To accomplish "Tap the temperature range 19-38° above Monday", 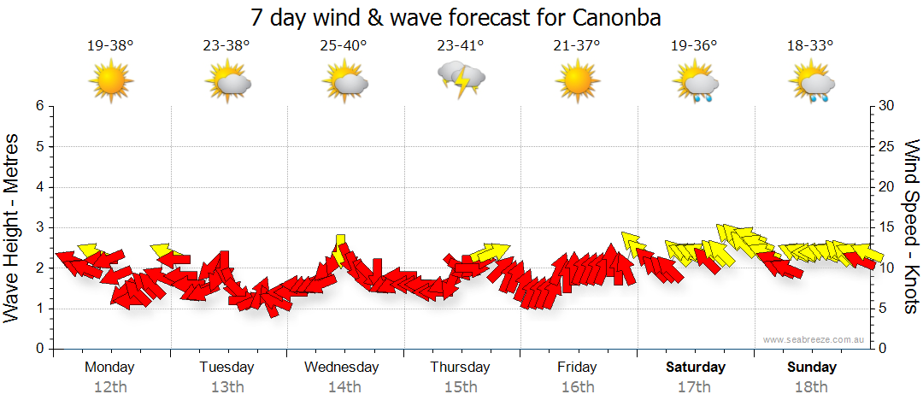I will click(110, 46).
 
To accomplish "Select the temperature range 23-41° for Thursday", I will click(461, 46).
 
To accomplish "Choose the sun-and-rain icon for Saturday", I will click(696, 83).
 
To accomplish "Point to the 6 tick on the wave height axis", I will click(39, 106).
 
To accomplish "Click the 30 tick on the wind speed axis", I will click(887, 106).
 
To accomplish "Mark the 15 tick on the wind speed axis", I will click(887, 227).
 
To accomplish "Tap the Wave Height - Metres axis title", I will click(13, 227).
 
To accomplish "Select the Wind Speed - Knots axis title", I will click(911, 227).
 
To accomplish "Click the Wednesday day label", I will click(342, 368).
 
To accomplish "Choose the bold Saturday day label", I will click(695, 368).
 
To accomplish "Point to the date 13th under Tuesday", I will click(227, 387).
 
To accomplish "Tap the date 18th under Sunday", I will click(811, 387).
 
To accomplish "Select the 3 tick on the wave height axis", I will click(39, 227).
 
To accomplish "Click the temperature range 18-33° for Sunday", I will click(810, 46).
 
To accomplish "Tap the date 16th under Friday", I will click(578, 387).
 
